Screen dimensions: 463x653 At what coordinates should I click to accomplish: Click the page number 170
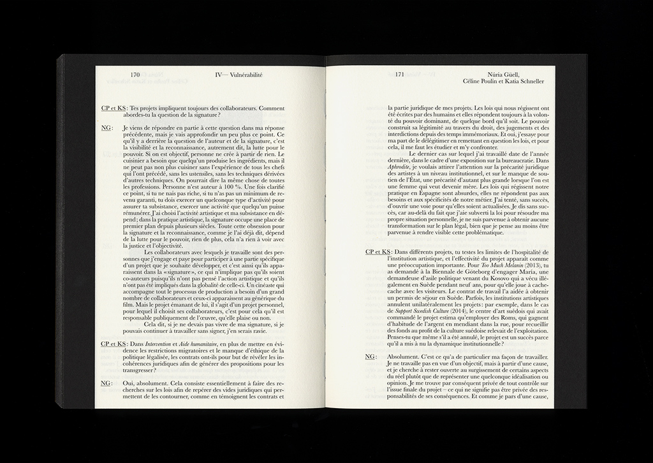click(135, 75)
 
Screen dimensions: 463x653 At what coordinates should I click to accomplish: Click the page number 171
click(399, 75)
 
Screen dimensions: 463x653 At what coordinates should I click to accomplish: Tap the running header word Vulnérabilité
click(246, 75)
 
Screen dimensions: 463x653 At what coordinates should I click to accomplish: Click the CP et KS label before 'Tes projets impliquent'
click(114, 108)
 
